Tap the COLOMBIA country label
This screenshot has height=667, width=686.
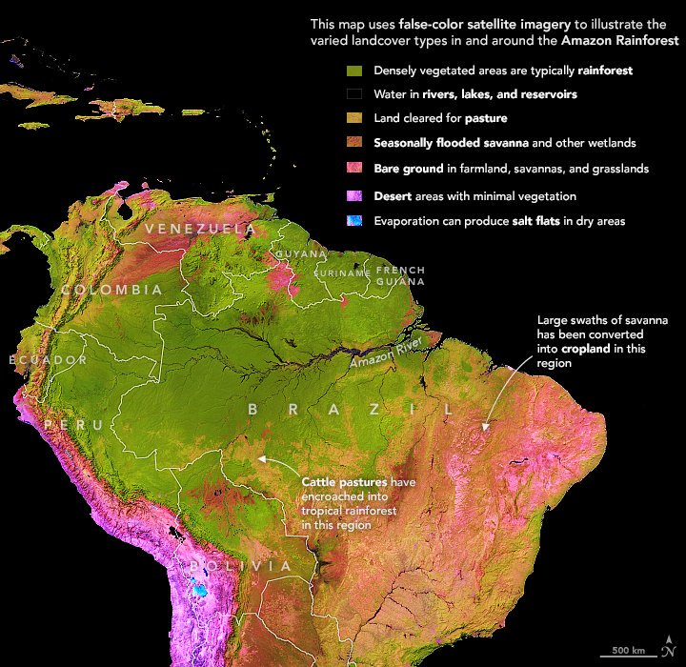111,290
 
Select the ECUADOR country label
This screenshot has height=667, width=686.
48,360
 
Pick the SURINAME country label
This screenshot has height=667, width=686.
342,273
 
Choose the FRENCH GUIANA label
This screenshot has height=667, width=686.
400,275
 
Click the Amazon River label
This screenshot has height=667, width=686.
384,354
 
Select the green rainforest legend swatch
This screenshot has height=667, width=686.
355,71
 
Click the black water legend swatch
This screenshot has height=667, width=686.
355,95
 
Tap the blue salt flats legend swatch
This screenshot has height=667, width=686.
355,221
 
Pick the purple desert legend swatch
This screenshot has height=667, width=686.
355,196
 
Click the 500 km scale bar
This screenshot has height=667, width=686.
626,652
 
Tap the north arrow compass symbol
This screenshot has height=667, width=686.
669,644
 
